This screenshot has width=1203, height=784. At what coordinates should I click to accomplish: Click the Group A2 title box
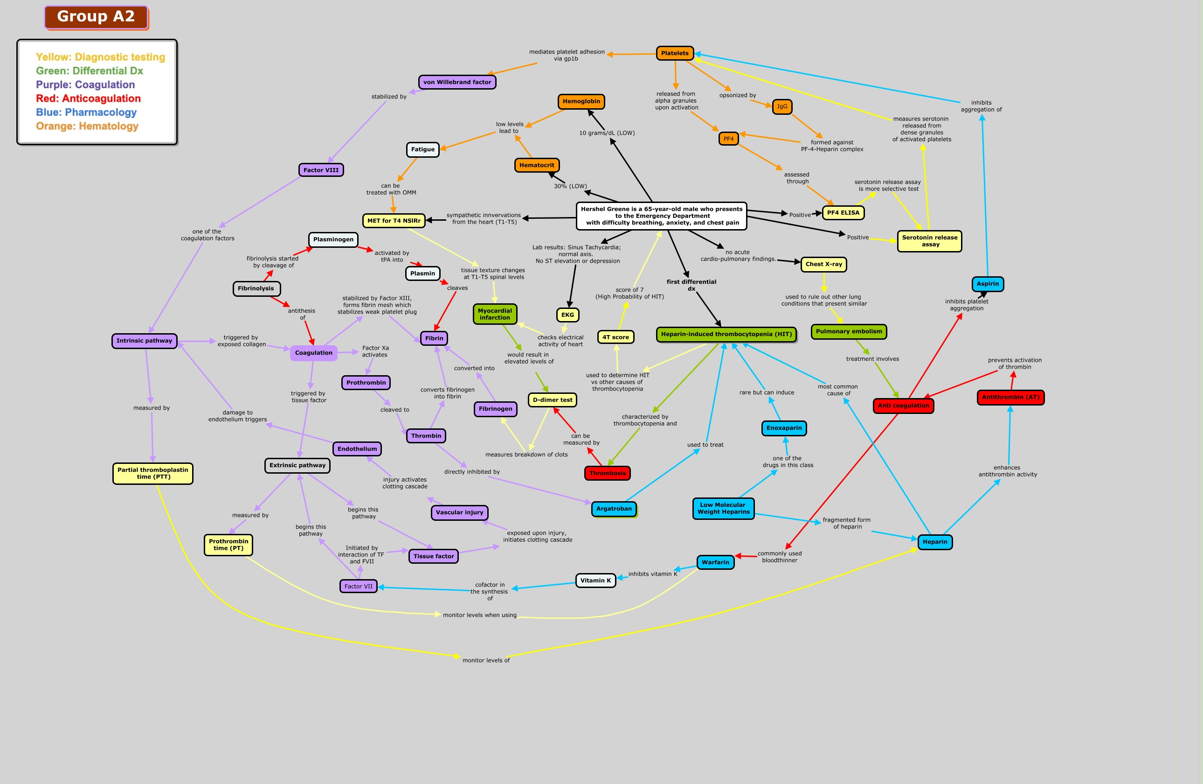tap(96, 17)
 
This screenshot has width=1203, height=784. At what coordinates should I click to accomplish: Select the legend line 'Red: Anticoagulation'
tap(89, 98)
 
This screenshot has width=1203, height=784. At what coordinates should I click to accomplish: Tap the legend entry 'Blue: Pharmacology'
tap(86, 112)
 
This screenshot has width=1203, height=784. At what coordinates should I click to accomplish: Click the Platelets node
tap(674, 53)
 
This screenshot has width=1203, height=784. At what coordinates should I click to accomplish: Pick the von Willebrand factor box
tap(457, 82)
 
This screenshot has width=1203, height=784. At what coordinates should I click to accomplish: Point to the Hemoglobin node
tap(581, 102)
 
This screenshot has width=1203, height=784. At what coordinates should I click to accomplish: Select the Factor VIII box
tap(321, 170)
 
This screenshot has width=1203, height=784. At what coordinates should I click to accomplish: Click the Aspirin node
tap(987, 284)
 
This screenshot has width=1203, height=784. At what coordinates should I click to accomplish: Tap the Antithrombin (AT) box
tap(1010, 397)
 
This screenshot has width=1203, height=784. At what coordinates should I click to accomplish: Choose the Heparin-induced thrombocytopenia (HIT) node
tap(726, 334)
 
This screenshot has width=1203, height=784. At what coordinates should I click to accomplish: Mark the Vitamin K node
tap(595, 580)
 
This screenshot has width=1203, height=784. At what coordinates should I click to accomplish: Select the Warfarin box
tap(715, 562)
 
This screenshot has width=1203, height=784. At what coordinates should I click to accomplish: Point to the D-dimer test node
tap(553, 399)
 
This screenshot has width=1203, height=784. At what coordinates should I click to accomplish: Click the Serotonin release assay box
tap(930, 241)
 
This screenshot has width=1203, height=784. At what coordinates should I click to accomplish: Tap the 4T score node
tap(615, 337)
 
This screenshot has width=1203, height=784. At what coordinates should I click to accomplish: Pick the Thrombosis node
tap(607, 473)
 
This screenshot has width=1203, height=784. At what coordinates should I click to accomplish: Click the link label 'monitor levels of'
tap(486, 660)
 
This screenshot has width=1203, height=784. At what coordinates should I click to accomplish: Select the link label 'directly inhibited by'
tap(471, 472)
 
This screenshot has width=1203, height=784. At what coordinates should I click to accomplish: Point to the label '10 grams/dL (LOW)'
tap(607, 133)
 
